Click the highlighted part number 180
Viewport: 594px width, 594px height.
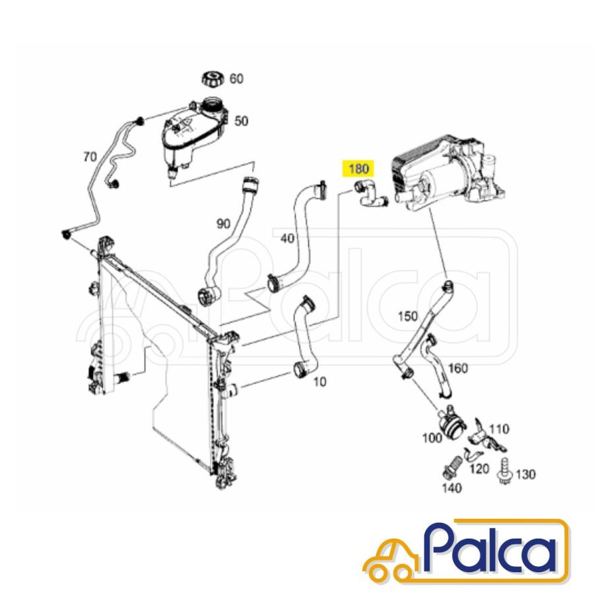point(358,168)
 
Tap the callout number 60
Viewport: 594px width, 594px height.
point(236,79)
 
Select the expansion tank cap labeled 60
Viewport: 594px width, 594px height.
point(213,79)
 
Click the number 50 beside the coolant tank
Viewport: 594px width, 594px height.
point(242,121)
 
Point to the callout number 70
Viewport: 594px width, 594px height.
point(90,156)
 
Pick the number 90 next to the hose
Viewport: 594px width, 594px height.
point(224,224)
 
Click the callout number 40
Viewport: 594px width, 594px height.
point(288,238)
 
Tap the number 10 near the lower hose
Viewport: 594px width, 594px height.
point(320,382)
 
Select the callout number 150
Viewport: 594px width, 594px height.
point(408,316)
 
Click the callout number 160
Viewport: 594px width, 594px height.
point(459,368)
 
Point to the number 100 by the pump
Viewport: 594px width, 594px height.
point(432,438)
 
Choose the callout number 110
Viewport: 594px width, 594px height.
point(500,429)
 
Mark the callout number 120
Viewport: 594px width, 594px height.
point(479,469)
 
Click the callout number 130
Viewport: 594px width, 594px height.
point(526,474)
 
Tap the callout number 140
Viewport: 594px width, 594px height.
point(451,488)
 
